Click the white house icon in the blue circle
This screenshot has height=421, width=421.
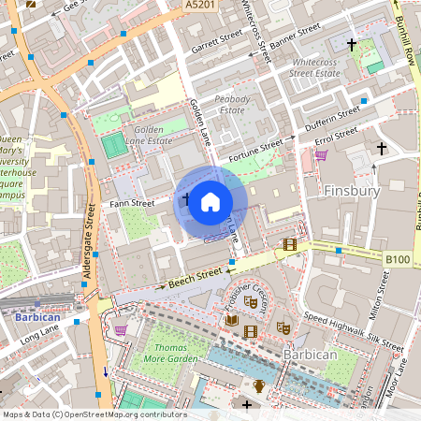[210, 201]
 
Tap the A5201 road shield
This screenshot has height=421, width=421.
[198, 6]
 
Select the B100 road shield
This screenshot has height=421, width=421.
[398, 256]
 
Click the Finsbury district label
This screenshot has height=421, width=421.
[351, 191]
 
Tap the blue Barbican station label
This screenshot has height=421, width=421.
[36, 316]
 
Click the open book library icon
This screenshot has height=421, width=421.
[232, 320]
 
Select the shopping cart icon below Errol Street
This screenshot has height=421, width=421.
[321, 155]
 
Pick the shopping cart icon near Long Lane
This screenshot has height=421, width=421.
[121, 329]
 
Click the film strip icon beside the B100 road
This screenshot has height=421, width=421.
[289, 244]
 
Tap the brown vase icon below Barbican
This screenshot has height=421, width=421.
[260, 385]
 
